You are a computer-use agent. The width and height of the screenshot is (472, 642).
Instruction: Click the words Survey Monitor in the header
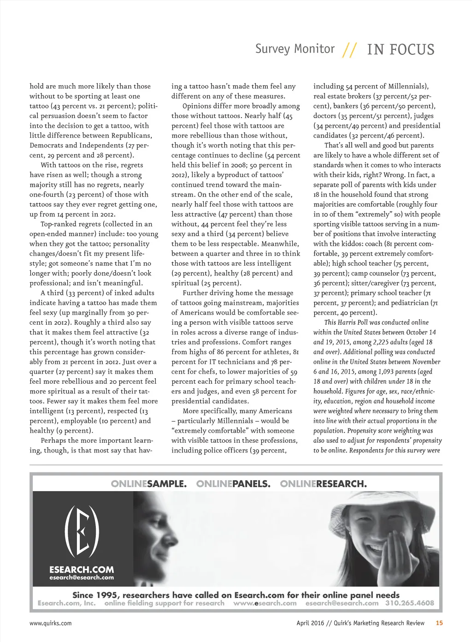295,49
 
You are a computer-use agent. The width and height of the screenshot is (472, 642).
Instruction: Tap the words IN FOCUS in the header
401,50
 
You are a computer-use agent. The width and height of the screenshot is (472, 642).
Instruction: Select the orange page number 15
439,623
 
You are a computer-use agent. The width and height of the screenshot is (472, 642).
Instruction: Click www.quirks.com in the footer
51,623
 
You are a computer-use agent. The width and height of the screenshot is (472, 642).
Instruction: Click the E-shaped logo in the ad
82,530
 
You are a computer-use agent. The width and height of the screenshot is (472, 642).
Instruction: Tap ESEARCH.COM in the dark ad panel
82,570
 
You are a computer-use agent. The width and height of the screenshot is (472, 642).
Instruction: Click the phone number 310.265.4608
410,603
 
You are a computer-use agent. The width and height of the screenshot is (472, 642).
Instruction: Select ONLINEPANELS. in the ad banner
233,484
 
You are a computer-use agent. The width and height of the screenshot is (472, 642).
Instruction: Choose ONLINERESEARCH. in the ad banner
323,484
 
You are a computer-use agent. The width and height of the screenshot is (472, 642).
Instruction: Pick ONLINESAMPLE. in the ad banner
149,484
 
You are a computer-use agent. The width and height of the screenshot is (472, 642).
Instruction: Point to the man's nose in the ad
175,537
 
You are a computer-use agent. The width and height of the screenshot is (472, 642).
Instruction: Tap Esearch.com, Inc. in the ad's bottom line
67,603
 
